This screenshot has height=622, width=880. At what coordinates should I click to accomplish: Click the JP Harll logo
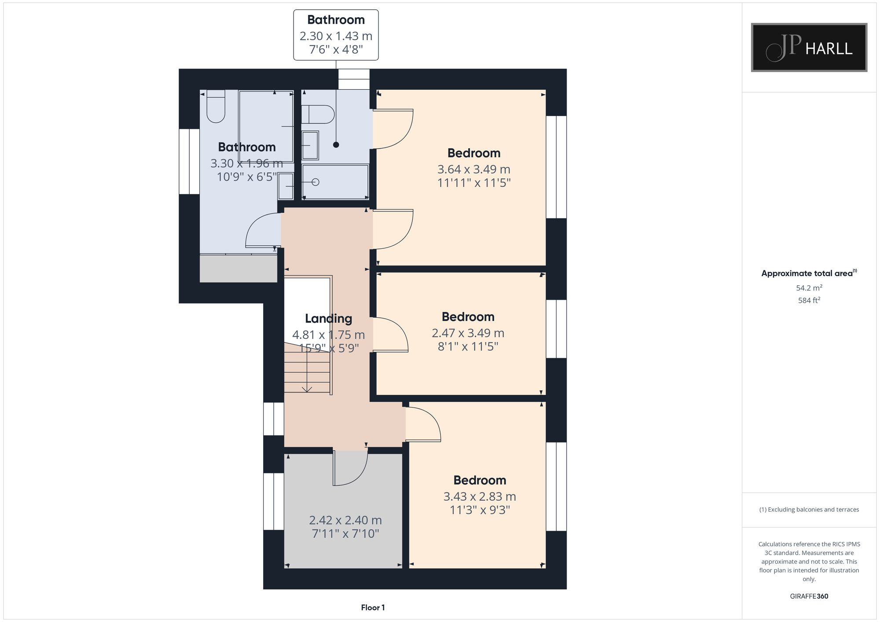[x=809, y=47]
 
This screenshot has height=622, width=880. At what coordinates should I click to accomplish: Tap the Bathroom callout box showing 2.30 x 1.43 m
[x=336, y=35]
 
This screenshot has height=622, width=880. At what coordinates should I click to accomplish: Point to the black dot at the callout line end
[x=336, y=145]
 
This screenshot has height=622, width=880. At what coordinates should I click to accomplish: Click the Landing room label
[x=328, y=318]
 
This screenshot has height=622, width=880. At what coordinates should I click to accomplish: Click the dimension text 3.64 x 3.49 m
[x=473, y=169]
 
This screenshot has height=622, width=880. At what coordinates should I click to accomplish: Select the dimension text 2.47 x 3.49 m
[x=468, y=333]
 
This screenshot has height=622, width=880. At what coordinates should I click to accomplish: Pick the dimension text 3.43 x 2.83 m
[x=479, y=497]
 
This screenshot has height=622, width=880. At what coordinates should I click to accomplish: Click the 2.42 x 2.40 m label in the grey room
[x=345, y=520]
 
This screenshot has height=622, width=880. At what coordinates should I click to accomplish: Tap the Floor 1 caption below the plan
[x=373, y=607]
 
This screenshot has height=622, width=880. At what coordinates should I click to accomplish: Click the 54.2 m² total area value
[x=809, y=288]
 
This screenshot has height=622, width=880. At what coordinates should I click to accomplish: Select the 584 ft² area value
[x=809, y=300]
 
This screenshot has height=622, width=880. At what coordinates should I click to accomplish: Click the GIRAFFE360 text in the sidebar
[x=809, y=597]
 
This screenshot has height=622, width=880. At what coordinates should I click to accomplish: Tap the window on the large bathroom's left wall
[x=189, y=161]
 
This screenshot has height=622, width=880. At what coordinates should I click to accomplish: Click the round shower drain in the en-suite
[x=315, y=182]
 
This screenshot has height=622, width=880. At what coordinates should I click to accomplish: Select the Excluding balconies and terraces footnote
[x=809, y=509]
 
